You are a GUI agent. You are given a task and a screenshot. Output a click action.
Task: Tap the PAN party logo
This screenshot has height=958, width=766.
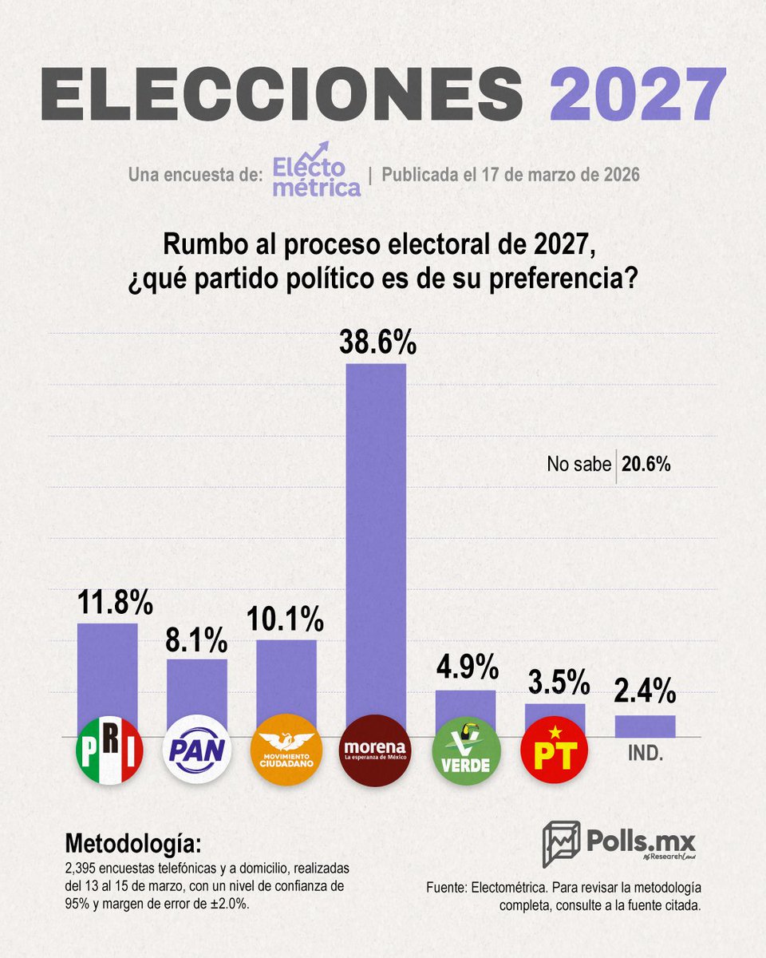point(196,751)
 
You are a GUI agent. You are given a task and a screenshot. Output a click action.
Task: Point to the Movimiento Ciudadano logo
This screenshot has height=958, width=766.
point(286,751)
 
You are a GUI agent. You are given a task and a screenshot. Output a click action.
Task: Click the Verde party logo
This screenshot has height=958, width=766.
point(466,751)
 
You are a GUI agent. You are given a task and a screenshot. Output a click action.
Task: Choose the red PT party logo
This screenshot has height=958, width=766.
point(555,751)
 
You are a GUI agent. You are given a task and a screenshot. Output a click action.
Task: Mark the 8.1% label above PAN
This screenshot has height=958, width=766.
point(196,639)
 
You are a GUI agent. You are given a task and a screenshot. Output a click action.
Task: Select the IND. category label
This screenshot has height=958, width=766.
point(645,753)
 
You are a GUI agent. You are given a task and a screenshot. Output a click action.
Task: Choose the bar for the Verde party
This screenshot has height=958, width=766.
point(466,712)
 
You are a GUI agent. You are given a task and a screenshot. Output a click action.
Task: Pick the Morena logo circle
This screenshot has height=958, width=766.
point(375,751)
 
